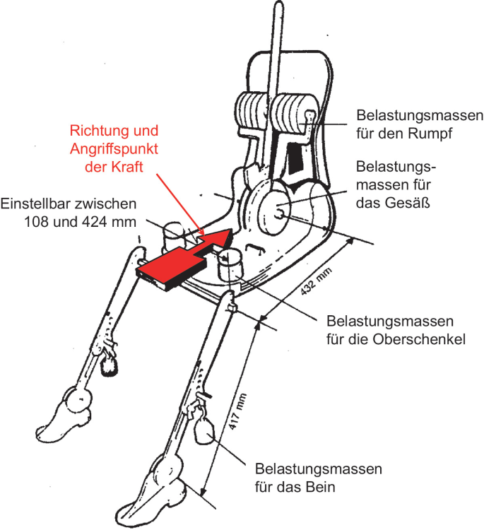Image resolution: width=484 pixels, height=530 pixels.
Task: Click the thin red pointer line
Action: tap(181, 205)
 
